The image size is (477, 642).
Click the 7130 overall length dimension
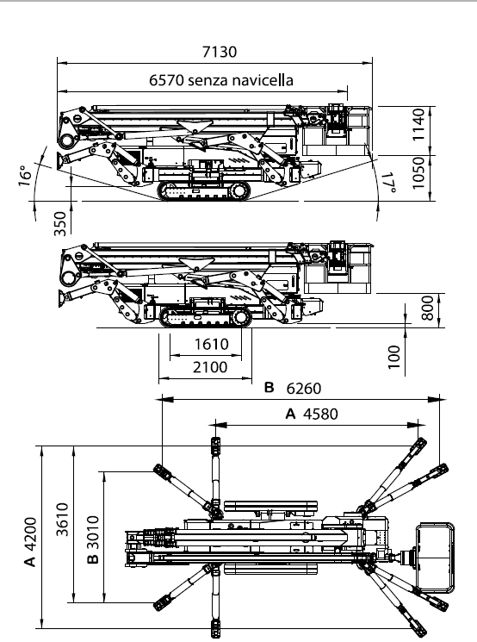[220, 52]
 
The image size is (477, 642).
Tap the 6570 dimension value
[166, 80]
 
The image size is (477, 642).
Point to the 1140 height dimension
[418, 125]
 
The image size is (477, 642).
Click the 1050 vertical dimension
[418, 173]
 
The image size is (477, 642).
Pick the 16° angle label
[25, 176]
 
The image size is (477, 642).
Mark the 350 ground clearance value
[60, 223]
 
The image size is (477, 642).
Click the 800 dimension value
[427, 309]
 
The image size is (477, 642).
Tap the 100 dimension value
[393, 357]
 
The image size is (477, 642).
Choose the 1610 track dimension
[211, 345]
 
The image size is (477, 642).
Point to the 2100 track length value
[210, 367]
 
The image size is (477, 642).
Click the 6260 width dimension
[304, 388]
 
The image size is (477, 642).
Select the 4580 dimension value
[321, 414]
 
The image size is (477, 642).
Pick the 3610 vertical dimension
[62, 520]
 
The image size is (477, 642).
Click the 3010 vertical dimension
[93, 533]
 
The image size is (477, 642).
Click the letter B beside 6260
[269, 387]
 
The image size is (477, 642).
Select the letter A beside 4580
[290, 414]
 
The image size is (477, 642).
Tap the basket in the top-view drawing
[436, 558]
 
